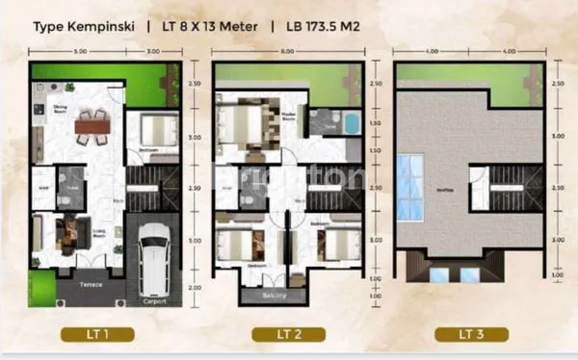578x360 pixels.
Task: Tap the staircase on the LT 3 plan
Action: tap(493, 189)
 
